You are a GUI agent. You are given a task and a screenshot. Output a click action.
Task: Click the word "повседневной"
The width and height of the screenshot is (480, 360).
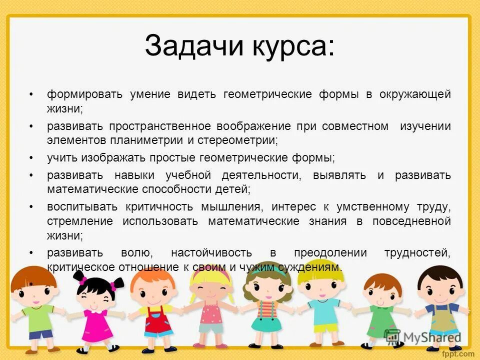coord(411,221)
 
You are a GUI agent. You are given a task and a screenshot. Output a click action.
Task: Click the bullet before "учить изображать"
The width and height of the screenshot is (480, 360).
coord(31,158)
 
